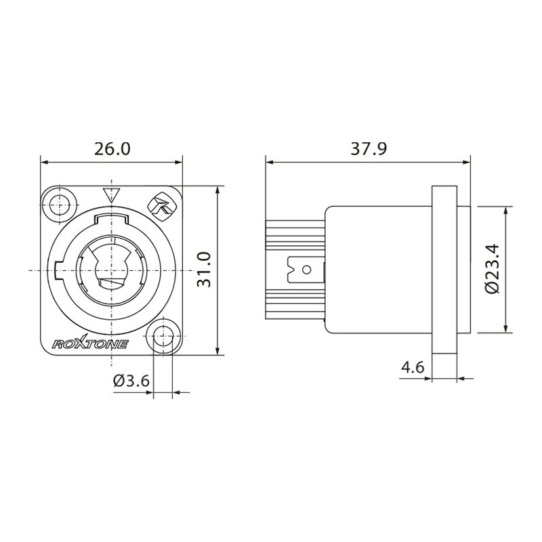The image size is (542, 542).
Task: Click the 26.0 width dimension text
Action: (112, 149)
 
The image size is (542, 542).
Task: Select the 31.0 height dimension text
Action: (205, 270)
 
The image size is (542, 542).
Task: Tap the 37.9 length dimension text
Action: (369, 149)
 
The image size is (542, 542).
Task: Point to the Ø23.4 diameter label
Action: (493, 269)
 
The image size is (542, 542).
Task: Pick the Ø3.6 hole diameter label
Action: (131, 381)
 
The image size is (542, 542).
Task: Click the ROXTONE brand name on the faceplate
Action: (91, 343)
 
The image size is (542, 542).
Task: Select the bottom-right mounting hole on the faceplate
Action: (163, 337)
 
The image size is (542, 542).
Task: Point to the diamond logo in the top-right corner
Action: (161, 207)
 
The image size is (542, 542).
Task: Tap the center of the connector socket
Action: (111, 270)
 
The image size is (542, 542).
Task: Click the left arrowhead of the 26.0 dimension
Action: (44, 162)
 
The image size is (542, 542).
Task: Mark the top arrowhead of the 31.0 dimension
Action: (217, 189)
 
